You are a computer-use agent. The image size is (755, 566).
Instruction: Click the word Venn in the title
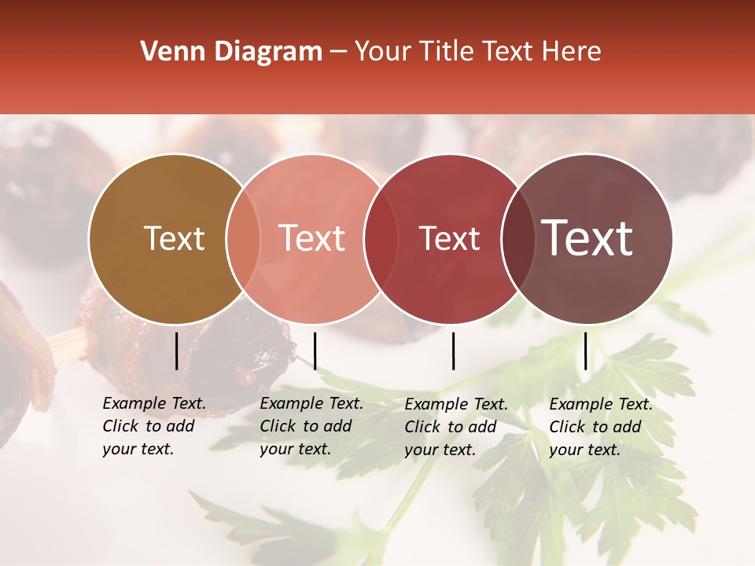169,52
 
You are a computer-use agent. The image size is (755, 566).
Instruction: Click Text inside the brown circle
174,238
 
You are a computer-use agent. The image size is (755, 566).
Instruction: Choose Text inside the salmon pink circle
311,238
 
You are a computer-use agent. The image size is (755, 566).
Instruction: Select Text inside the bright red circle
449,238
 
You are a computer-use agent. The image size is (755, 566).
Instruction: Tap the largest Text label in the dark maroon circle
587,237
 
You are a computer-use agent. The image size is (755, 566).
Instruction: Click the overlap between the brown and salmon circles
243,238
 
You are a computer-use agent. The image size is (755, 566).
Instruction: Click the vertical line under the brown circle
177,351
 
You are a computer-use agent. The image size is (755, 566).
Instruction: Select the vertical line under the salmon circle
315,351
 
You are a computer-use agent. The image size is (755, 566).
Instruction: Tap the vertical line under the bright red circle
453,351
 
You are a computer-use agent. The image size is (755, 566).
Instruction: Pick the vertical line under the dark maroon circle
585,351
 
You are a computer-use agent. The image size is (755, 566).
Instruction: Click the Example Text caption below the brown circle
154,426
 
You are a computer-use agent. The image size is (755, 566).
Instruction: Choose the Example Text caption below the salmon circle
311,426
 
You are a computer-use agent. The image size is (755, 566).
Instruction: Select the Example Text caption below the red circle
456,427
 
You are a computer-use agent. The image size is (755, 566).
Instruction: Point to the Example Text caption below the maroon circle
601,427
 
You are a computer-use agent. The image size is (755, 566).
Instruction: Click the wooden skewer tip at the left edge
66,343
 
